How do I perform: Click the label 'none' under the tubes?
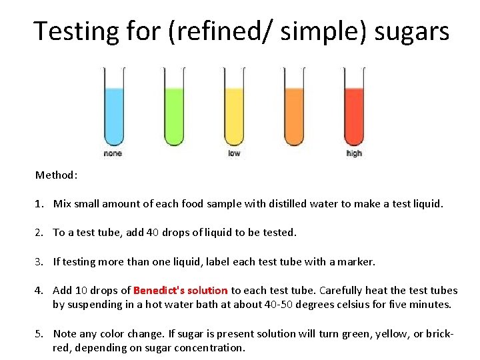point(113,153)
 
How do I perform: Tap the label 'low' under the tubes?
point(234,153)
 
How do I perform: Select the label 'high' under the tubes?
point(354,153)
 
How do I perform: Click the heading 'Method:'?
point(57,175)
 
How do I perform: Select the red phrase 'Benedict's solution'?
point(181,291)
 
